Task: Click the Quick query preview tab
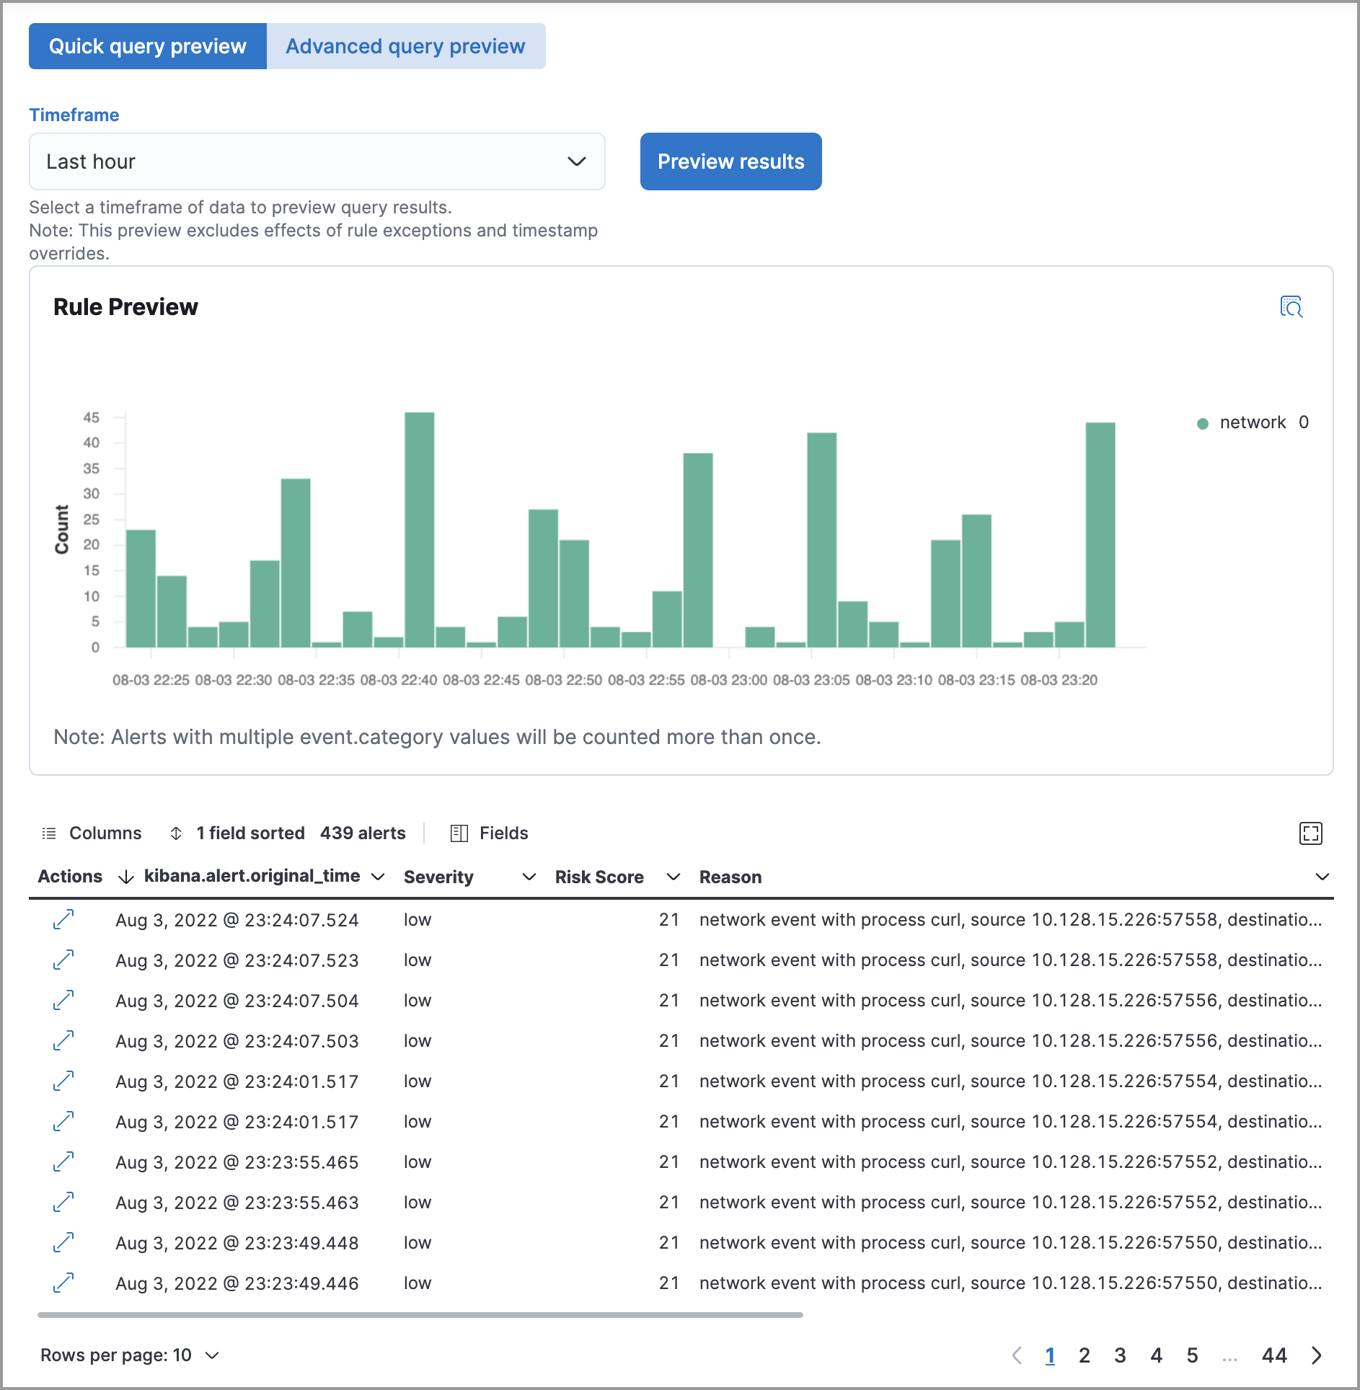click(147, 46)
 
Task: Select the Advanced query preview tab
click(405, 46)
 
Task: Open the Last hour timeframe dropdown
click(317, 161)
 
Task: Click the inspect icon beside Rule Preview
click(1291, 307)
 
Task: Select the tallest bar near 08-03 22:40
click(419, 529)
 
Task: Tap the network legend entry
click(1252, 422)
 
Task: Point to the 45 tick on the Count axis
click(92, 417)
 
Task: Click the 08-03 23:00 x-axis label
click(728, 680)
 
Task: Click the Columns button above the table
click(92, 833)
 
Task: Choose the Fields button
click(490, 833)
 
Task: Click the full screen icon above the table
click(1310, 833)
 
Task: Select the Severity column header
click(438, 877)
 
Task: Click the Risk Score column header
click(599, 877)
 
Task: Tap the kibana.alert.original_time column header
click(252, 876)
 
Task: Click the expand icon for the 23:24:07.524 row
click(63, 919)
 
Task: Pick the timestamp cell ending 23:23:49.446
click(237, 1283)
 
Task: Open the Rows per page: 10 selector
click(130, 1355)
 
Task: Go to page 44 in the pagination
click(1274, 1355)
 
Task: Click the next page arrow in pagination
click(1317, 1355)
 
